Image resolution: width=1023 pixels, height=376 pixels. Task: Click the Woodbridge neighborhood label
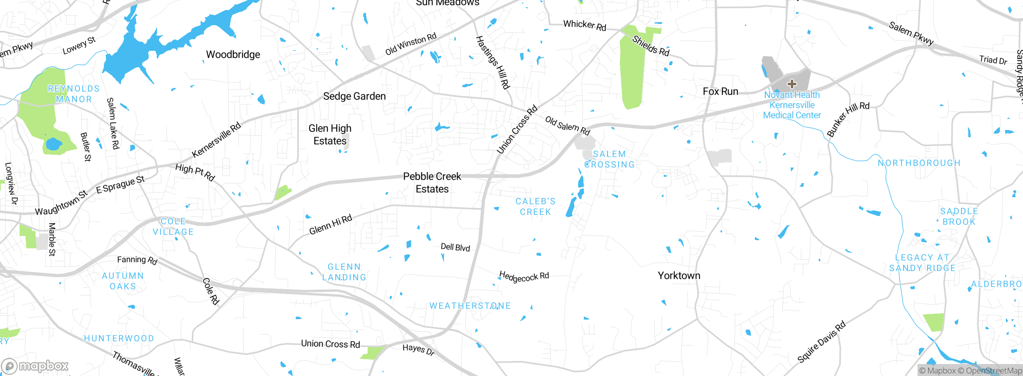(x=233, y=54)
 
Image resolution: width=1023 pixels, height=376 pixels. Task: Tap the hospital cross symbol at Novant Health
(x=792, y=84)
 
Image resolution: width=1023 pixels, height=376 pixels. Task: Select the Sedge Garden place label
(x=354, y=96)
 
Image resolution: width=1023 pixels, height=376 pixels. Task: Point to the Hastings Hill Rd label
(x=493, y=62)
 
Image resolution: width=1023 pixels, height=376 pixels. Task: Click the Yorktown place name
(x=679, y=276)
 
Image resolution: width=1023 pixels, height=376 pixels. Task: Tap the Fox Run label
(x=720, y=92)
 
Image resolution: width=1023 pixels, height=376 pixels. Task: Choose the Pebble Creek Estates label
(x=432, y=183)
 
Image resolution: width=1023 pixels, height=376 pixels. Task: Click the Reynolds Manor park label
(x=74, y=94)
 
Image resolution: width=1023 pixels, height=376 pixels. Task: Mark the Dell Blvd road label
(x=455, y=247)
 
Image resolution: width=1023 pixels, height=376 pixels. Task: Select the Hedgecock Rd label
(x=524, y=276)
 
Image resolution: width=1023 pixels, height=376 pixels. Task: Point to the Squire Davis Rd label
(x=821, y=342)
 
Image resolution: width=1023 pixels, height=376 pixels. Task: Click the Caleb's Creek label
(x=535, y=207)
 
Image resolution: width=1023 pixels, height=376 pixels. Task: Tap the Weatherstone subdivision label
(x=470, y=306)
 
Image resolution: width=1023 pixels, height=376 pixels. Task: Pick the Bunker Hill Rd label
(x=848, y=119)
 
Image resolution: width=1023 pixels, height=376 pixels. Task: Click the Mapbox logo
(x=35, y=366)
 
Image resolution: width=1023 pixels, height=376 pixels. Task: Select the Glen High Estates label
(x=330, y=135)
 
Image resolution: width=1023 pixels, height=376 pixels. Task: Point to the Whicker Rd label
(x=585, y=26)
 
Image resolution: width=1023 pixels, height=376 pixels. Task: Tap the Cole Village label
(x=173, y=227)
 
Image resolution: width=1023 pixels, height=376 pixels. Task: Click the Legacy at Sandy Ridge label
(x=922, y=263)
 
